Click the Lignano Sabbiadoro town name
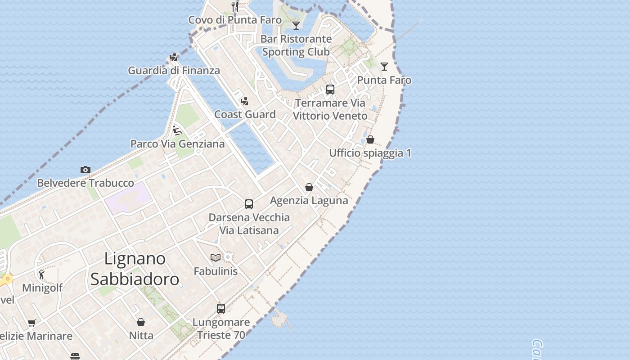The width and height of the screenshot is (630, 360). click(135, 269)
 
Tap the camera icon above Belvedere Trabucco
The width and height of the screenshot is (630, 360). click(85, 170)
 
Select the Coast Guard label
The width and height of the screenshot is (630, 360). click(245, 114)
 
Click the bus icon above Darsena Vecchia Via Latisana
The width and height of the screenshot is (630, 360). click(249, 204)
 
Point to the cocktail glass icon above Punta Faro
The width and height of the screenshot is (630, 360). click(384, 67)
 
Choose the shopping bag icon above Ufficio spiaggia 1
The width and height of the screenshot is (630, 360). click(370, 139)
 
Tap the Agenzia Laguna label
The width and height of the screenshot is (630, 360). click(309, 200)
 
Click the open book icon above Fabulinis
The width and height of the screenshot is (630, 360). click(216, 257)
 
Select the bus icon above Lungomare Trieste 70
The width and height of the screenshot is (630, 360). click(221, 308)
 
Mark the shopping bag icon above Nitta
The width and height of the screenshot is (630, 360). click(141, 322)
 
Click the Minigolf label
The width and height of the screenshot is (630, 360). click(42, 288)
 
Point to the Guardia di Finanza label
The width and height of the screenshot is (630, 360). click(174, 70)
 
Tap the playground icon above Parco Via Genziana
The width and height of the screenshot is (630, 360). click(177, 130)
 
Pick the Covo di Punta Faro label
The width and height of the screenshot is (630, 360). click(235, 20)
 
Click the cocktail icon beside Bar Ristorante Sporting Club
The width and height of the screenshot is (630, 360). click(296, 25)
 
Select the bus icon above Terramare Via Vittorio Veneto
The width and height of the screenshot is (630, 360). click(330, 90)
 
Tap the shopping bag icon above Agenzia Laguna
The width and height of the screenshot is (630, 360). click(309, 187)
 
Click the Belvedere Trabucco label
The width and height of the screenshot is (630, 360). click(85, 183)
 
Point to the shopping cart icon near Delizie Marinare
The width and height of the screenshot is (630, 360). click(31, 323)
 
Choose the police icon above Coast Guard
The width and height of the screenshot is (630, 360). click(245, 101)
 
